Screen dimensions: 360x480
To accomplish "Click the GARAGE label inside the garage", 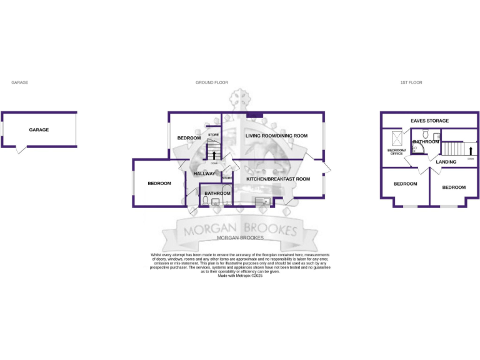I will click(x=39, y=130).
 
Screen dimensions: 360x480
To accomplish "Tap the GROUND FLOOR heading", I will click(x=212, y=82).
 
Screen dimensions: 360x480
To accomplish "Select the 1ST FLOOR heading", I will click(x=411, y=82).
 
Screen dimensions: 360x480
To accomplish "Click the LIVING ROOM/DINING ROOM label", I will click(x=276, y=136).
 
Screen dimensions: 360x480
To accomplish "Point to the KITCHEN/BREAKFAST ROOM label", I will click(x=278, y=179).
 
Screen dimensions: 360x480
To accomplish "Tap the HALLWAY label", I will click(x=204, y=174).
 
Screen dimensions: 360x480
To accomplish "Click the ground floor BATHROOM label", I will click(x=217, y=194).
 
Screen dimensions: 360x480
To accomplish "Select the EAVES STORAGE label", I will click(x=429, y=121).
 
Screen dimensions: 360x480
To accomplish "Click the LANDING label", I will click(x=446, y=162).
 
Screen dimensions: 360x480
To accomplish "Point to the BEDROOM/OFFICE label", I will click(x=396, y=152).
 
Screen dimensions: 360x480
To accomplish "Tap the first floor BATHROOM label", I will click(x=426, y=142).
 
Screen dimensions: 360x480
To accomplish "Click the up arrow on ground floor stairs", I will click(x=214, y=154).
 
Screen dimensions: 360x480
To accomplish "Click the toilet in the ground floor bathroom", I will click(x=206, y=201).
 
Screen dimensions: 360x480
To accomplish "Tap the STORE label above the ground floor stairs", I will click(x=214, y=135).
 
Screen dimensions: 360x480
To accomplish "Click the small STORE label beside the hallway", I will click(x=227, y=178).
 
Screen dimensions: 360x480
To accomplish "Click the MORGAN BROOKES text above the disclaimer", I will click(x=240, y=238).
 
